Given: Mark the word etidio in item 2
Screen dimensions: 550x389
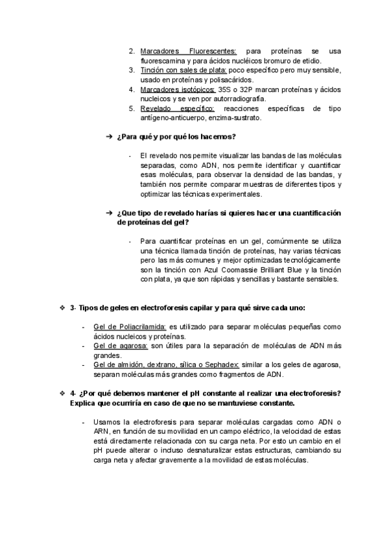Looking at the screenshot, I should tap(311, 60).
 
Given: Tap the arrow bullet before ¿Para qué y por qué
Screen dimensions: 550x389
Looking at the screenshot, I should tap(109, 137).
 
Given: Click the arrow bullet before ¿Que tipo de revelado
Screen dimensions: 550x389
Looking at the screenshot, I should tap(109, 213).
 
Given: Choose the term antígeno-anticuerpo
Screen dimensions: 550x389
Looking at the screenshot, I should tap(174, 118).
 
